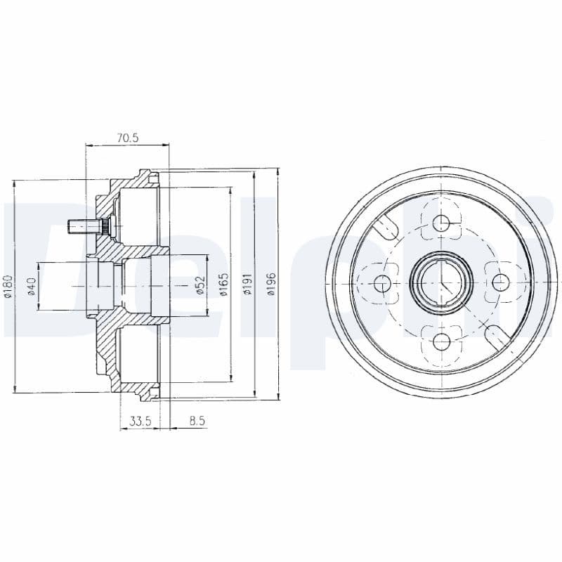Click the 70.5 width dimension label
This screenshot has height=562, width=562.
128,138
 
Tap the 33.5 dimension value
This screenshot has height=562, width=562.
141,421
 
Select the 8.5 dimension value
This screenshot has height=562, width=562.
197,421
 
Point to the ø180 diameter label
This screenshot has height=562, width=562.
8,285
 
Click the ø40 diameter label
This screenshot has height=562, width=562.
31,285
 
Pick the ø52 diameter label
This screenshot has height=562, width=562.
200,285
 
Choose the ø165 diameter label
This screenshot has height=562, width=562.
223,285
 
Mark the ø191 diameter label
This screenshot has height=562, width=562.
247,285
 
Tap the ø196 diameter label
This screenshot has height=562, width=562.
272,285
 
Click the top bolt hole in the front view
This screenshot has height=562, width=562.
441,224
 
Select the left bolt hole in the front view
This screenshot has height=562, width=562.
383,283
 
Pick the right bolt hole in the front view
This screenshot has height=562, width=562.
500,282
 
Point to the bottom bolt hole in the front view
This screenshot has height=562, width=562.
441,341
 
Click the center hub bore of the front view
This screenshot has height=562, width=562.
441,282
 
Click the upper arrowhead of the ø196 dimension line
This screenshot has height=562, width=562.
279,172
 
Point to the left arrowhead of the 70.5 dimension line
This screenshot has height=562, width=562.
88,146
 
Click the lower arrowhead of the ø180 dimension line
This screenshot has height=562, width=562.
15,388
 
